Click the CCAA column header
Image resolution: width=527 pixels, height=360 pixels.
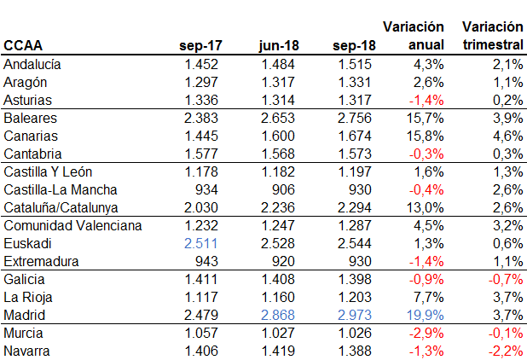(x=23, y=45)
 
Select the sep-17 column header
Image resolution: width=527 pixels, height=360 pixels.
(x=201, y=45)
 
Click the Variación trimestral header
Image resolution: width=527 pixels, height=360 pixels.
(x=492, y=36)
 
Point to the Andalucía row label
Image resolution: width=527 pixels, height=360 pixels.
(x=33, y=64)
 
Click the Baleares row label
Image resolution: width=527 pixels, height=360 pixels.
(x=31, y=118)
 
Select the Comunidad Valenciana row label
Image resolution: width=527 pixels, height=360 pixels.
(x=73, y=225)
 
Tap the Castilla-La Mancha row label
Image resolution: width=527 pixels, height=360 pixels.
(x=61, y=189)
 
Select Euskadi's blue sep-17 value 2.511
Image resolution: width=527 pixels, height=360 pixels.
(x=202, y=243)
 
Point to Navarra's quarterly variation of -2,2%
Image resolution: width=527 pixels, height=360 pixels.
(x=504, y=351)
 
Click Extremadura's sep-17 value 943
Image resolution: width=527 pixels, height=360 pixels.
(x=208, y=261)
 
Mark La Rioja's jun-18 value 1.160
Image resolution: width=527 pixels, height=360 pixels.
(x=278, y=297)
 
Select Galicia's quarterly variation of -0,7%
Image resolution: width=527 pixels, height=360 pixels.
(x=504, y=279)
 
